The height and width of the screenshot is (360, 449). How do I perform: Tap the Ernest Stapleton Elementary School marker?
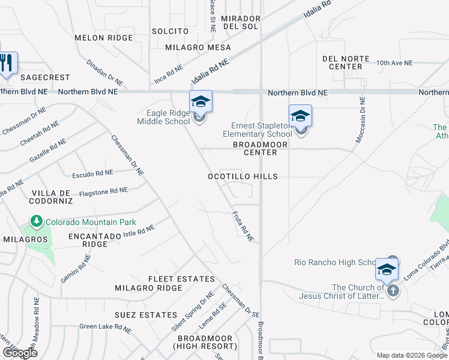pyautogui.click(x=300, y=116)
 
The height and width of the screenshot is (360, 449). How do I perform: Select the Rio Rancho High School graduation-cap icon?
pyautogui.click(x=387, y=269)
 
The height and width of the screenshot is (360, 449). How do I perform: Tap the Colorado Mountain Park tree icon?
pyautogui.click(x=37, y=222)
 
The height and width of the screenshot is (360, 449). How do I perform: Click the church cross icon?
pyautogui.click(x=393, y=290)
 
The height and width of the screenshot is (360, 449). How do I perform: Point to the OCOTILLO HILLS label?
pyautogui.click(x=243, y=176)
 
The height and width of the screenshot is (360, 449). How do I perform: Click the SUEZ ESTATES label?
pyautogui.click(x=141, y=314)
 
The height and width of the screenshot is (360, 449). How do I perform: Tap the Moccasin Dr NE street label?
pyautogui.click(x=361, y=120)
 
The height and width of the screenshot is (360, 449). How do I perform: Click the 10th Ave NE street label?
pyautogui.click(x=394, y=62)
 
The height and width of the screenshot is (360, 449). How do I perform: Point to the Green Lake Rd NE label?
pyautogui.click(x=105, y=328)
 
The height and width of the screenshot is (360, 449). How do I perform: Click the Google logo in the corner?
pyautogui.click(x=19, y=352)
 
